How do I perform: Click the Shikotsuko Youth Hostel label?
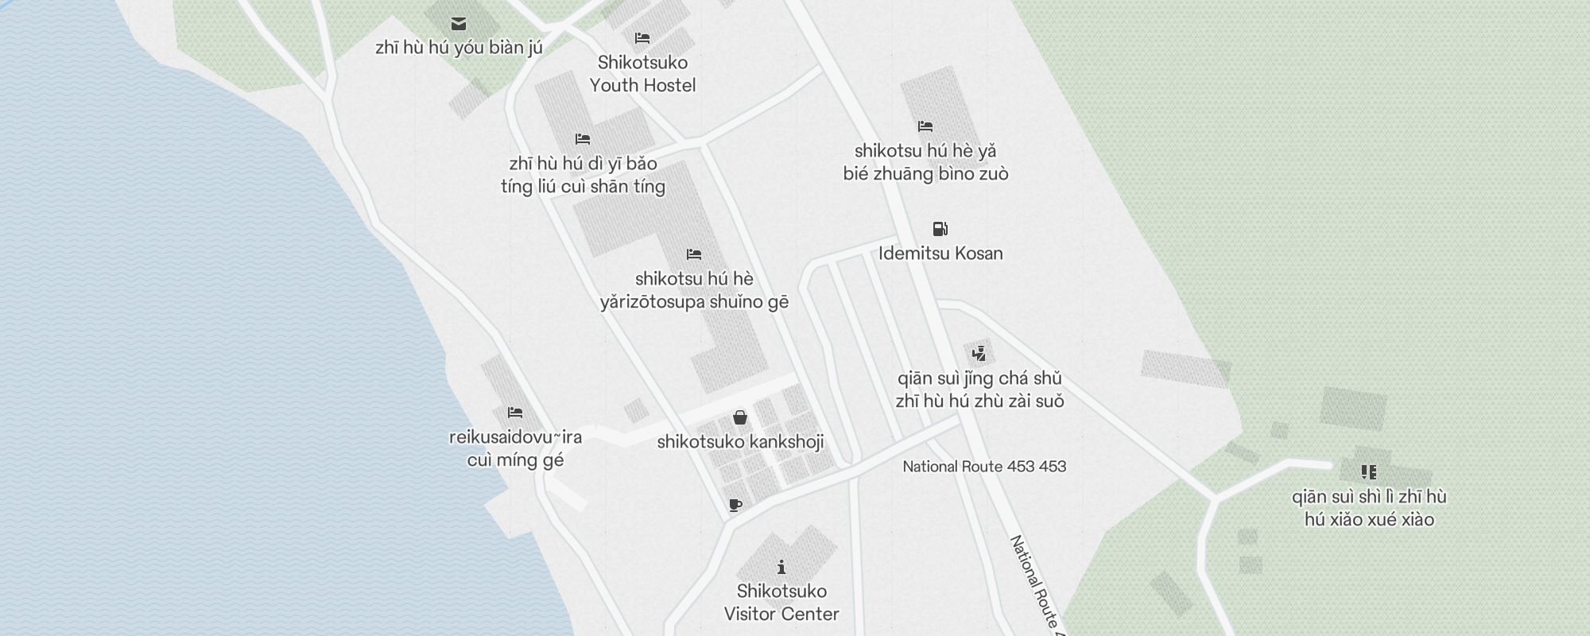(x=642, y=74)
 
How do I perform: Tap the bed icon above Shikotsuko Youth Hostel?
(x=642, y=38)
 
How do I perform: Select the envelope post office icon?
(x=459, y=24)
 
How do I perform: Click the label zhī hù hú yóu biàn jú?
(x=459, y=48)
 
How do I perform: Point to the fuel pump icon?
(x=940, y=229)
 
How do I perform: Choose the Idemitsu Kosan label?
(x=940, y=254)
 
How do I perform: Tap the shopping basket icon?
(x=740, y=417)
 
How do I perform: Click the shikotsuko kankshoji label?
(x=740, y=442)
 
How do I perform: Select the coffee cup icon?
(x=735, y=505)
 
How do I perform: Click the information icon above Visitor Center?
(x=781, y=567)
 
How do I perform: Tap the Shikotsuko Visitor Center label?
(x=781, y=603)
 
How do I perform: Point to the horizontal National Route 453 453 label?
(x=984, y=467)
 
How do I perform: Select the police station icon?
(x=979, y=354)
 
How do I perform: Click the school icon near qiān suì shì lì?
(x=1369, y=472)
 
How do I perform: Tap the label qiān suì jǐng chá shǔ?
(x=979, y=378)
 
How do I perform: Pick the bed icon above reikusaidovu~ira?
(x=515, y=413)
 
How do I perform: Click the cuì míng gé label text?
(x=515, y=460)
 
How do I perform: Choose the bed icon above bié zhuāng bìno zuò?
(x=925, y=126)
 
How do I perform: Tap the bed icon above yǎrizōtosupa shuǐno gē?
(x=694, y=254)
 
